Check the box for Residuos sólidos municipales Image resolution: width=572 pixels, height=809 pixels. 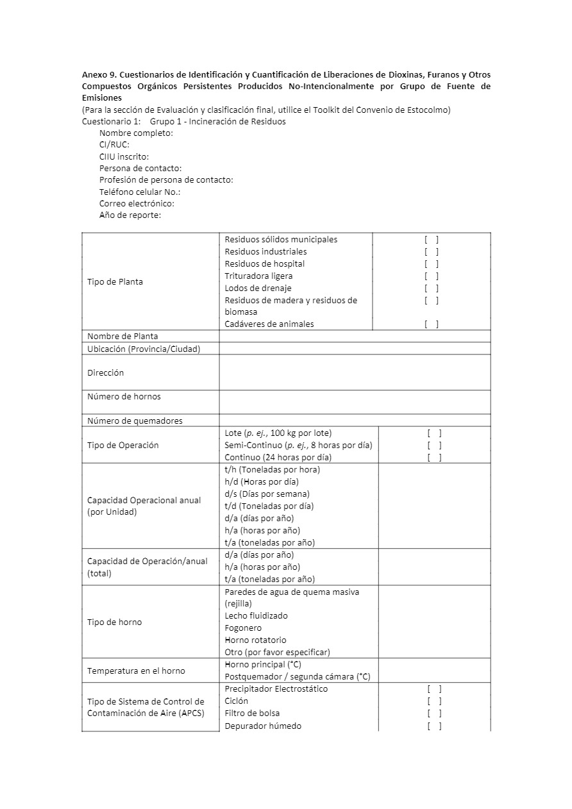(432, 240)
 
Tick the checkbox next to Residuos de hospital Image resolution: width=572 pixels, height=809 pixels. (432, 264)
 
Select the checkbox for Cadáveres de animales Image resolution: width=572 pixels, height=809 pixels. (432, 324)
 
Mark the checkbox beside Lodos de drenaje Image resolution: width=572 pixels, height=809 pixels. (432, 288)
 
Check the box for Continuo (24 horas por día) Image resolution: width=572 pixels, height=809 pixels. (434, 458)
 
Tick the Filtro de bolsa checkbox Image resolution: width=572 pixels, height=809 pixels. (434, 713)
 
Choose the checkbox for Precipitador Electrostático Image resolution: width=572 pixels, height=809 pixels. (434, 689)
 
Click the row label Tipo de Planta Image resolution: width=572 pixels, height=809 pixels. (115, 282)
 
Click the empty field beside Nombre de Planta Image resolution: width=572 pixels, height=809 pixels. (355, 337)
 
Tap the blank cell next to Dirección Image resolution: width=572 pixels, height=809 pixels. (355, 372)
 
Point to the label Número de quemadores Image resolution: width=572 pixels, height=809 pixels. (135, 421)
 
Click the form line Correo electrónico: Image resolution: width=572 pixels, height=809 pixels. (137, 204)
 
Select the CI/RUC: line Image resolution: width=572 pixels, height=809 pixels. (114, 145)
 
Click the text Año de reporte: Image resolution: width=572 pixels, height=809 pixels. (130, 215)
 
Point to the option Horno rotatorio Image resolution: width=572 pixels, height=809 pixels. (255, 640)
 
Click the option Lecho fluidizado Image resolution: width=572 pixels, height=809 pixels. (256, 616)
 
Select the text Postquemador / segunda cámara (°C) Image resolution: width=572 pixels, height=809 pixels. (298, 677)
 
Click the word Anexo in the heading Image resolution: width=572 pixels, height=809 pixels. (94, 75)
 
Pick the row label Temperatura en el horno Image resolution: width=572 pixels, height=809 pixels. (136, 671)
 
